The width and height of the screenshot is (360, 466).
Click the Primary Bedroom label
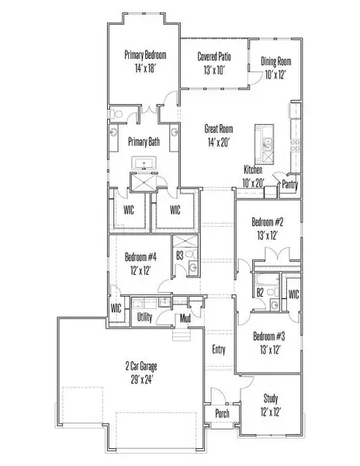coord(145,55)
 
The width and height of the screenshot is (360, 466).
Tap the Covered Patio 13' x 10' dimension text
coord(214,70)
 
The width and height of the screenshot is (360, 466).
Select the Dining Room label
coord(275,61)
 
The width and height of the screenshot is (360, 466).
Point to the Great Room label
coord(219,129)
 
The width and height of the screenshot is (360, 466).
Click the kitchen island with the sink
coord(264,144)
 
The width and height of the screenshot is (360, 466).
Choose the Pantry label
coord(289,185)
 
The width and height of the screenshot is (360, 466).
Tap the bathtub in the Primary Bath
coord(144,163)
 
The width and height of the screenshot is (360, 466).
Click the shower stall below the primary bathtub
coord(144,182)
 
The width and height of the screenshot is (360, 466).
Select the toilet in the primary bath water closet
coord(116,114)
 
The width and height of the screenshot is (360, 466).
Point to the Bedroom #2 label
coord(268,221)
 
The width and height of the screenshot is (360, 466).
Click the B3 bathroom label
coord(179,256)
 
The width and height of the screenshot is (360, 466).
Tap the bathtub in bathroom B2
coord(267,280)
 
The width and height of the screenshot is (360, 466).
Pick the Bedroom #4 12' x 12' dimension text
coord(140,270)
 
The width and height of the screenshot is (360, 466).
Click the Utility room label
coord(144,317)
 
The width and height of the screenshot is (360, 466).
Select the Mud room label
coord(185,318)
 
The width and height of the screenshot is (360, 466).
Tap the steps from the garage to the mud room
coord(181,336)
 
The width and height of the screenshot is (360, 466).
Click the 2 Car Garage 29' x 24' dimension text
coord(142,380)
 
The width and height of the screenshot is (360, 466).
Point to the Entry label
coord(219,349)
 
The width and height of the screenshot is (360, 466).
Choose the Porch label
coord(222,413)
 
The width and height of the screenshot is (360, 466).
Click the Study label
coord(271,398)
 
